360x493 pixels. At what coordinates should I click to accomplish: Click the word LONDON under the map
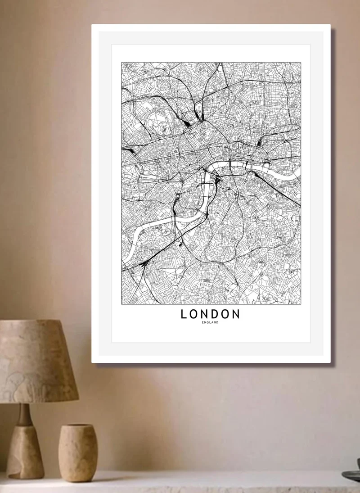(210, 314)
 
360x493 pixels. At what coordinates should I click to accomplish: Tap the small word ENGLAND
(211, 323)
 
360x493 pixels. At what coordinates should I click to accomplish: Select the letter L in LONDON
(184, 314)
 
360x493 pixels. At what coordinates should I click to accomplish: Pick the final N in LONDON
(235, 314)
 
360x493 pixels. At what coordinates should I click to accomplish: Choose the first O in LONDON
(193, 314)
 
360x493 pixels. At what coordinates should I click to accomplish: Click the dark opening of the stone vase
(78, 426)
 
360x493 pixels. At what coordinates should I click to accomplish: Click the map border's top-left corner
(121, 63)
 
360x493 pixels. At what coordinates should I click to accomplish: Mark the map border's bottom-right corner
(300, 304)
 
